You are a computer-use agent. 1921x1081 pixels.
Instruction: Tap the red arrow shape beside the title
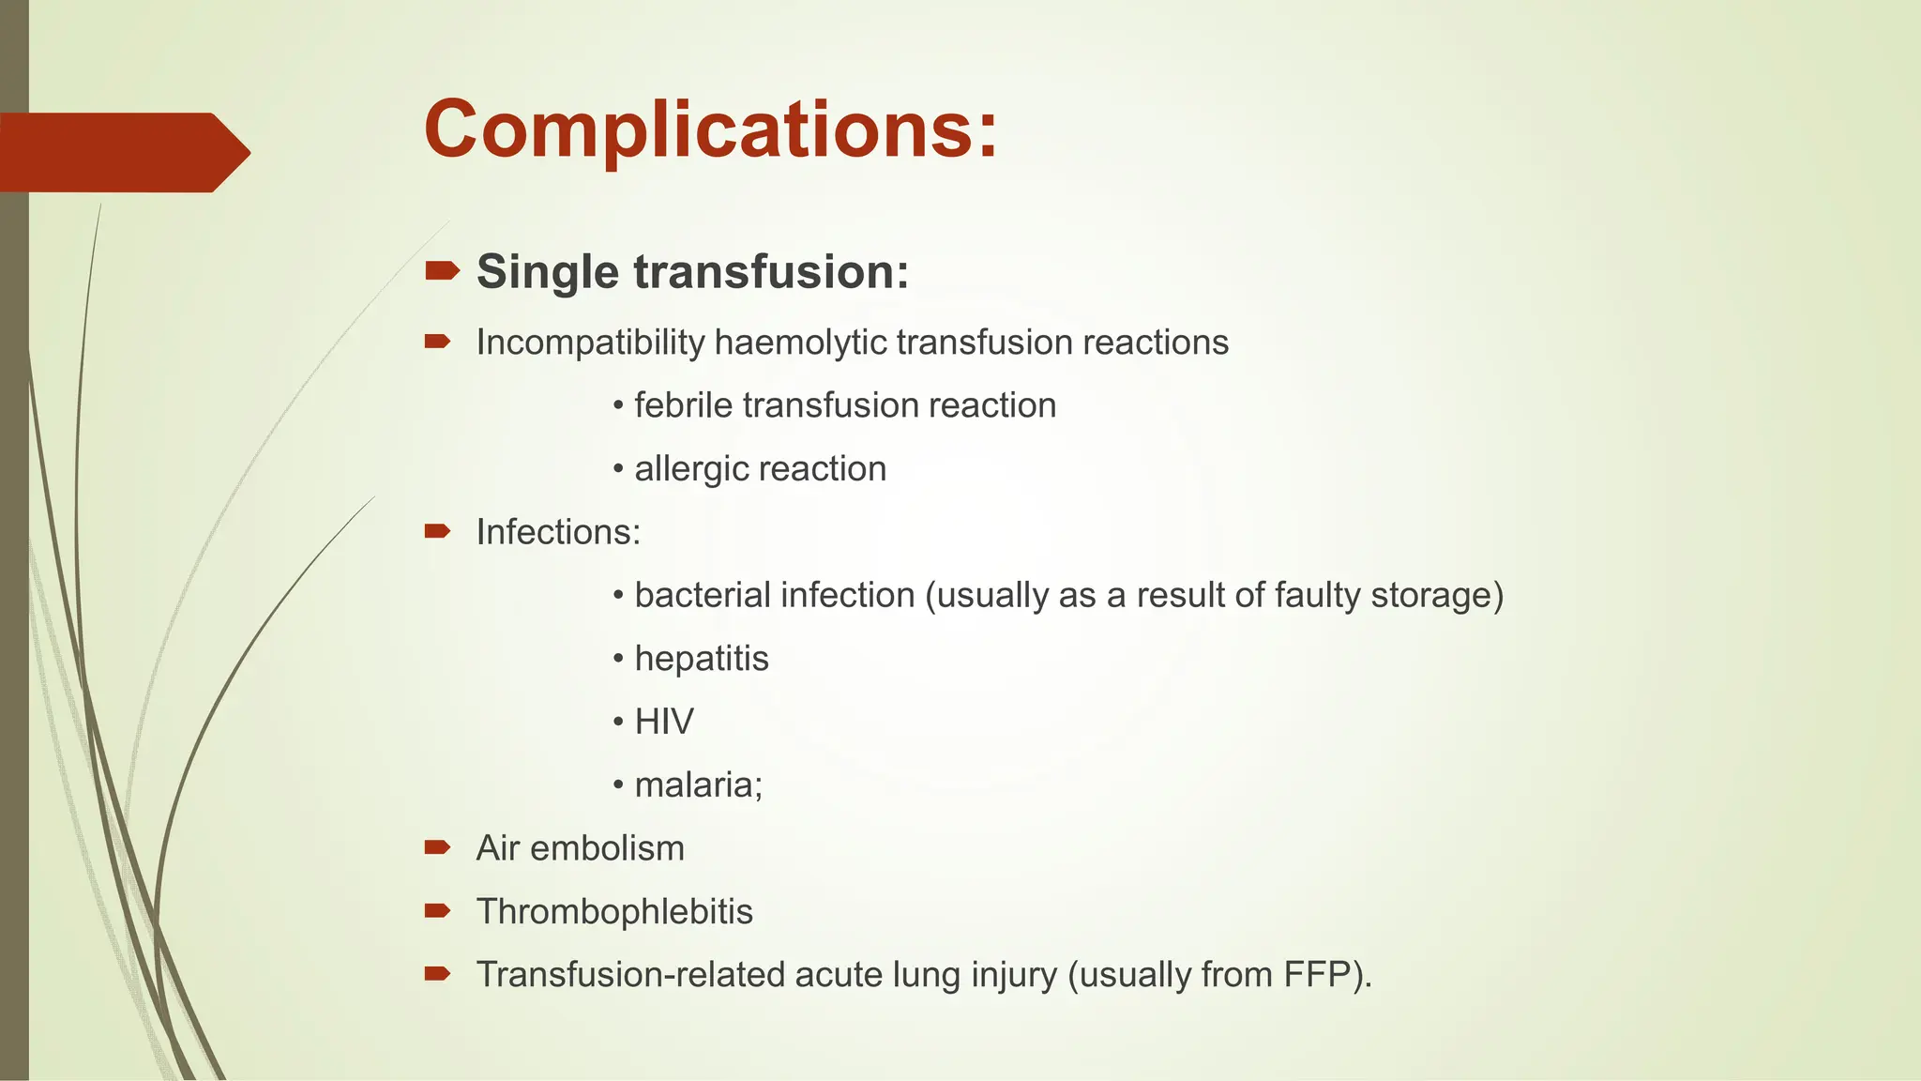(x=122, y=152)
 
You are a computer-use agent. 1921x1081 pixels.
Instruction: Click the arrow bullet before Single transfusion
(x=441, y=272)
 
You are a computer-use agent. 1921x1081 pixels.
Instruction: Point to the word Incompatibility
(x=590, y=343)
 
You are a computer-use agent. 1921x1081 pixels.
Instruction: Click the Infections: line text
(x=558, y=532)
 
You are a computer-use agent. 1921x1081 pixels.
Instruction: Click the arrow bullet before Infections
(x=437, y=532)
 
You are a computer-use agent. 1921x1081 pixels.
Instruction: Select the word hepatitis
(x=702, y=659)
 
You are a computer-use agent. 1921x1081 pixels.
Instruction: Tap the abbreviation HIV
(x=664, y=722)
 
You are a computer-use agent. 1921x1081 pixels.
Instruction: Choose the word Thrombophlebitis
(x=614, y=912)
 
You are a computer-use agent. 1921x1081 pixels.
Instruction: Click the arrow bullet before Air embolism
(x=437, y=848)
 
